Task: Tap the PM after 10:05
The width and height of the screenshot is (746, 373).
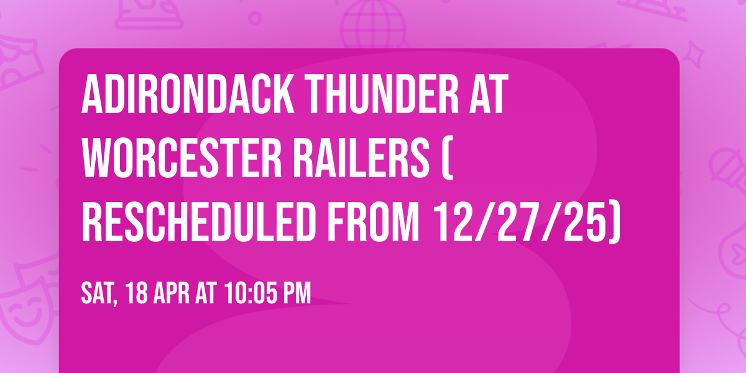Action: (x=296, y=293)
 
